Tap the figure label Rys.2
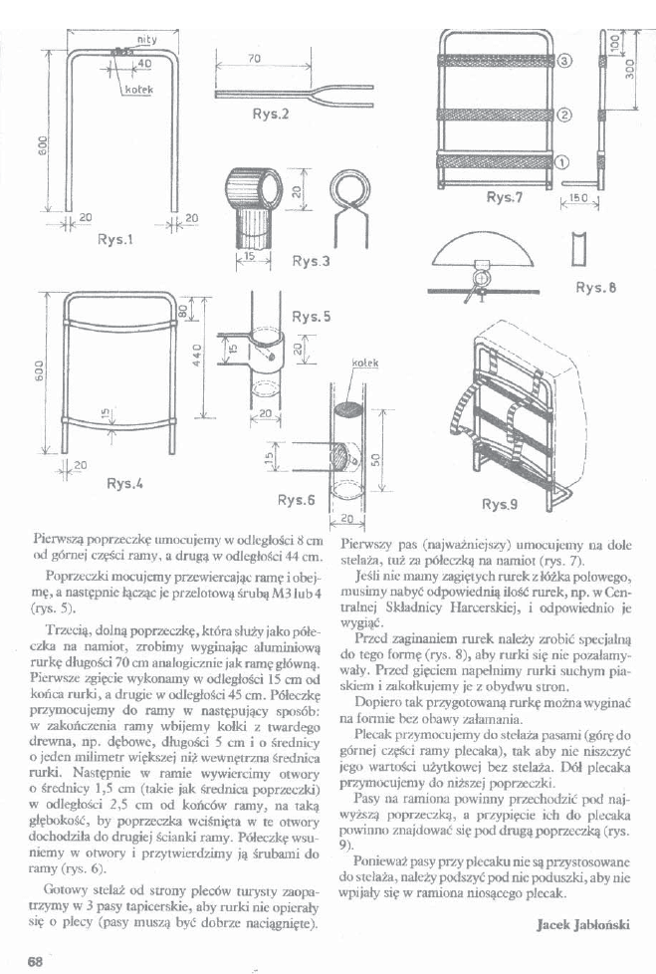click(x=270, y=114)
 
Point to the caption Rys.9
click(x=499, y=505)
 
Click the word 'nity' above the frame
click(x=145, y=39)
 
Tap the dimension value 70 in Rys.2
click(x=253, y=59)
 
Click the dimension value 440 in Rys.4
click(x=199, y=354)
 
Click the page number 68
click(x=35, y=960)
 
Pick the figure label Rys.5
click(x=311, y=318)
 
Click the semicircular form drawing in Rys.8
click(x=479, y=252)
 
